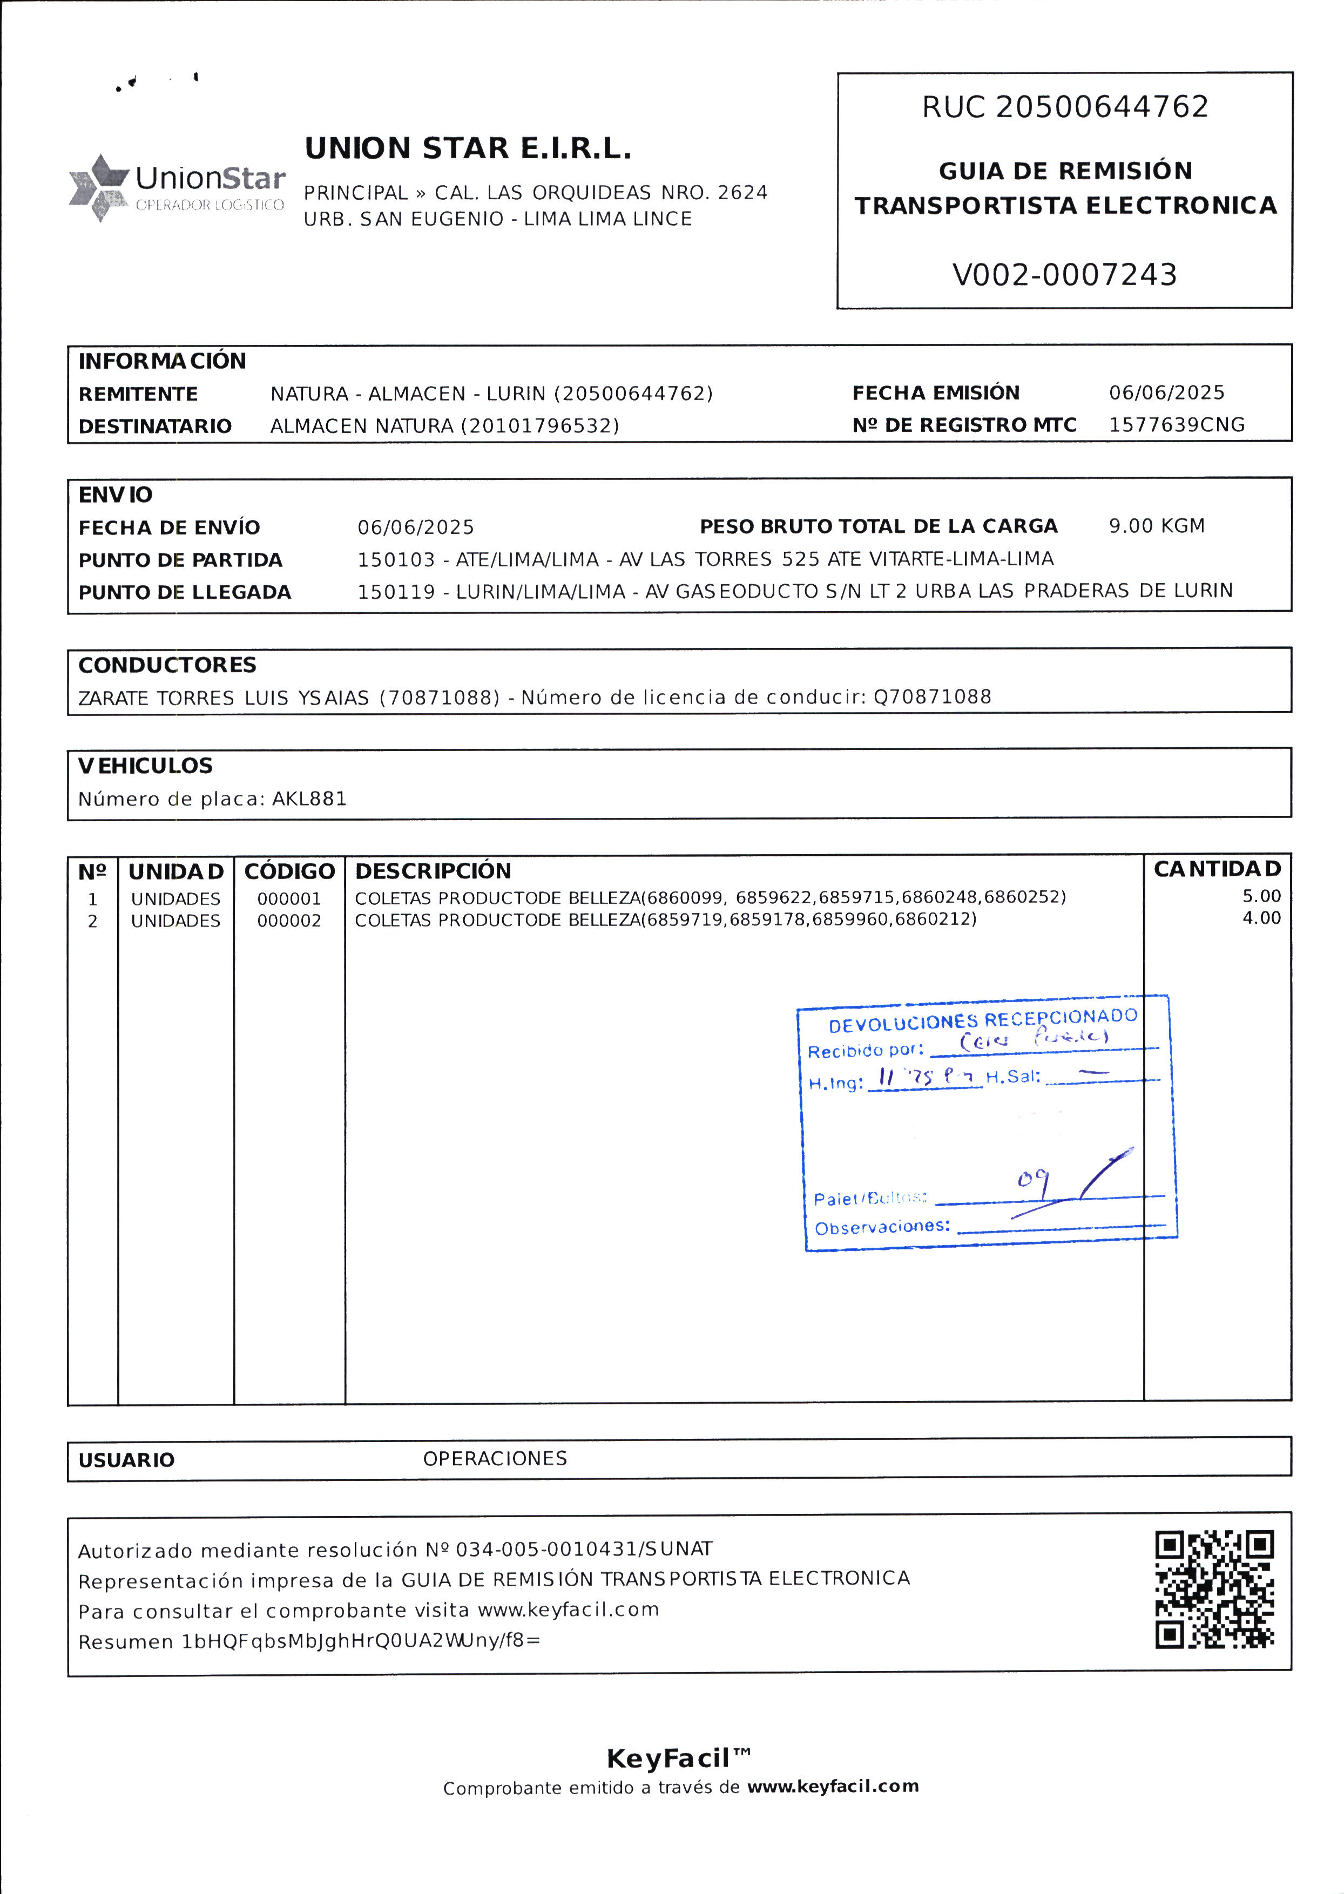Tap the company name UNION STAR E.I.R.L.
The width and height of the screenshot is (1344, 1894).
point(468,149)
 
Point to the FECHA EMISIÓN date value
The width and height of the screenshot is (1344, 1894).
point(1166,393)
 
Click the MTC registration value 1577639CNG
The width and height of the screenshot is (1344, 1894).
point(1176,425)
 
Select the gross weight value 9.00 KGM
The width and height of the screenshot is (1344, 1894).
point(1156,526)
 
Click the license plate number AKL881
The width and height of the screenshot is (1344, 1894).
point(309,799)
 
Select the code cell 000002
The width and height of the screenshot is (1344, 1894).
point(289,921)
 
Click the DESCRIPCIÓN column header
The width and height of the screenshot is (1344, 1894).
point(433,871)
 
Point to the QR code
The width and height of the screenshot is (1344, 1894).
point(1214,1588)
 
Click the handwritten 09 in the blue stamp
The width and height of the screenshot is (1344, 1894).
point(1033,1179)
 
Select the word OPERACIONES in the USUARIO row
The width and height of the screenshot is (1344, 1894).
point(495,1459)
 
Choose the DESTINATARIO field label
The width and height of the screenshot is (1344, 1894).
point(155,426)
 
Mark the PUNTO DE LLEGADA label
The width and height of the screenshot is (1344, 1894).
point(185,592)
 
